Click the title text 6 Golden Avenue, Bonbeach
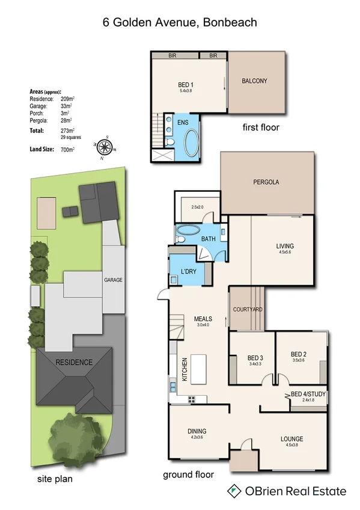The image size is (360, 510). [180, 23]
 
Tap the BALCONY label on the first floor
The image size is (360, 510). [254, 81]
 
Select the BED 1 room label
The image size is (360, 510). [186, 84]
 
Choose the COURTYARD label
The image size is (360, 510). [248, 309]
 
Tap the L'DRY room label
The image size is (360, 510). [189, 271]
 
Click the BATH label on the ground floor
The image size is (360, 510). [208, 239]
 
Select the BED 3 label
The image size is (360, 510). [251, 358]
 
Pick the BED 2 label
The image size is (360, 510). [299, 354]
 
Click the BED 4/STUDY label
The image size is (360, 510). [308, 394]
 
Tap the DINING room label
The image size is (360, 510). [197, 431]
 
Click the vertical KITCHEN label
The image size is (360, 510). [185, 371]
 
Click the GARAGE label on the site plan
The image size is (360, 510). [113, 280]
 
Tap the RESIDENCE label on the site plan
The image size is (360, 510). [74, 362]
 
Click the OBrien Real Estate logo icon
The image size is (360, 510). [232, 491]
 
